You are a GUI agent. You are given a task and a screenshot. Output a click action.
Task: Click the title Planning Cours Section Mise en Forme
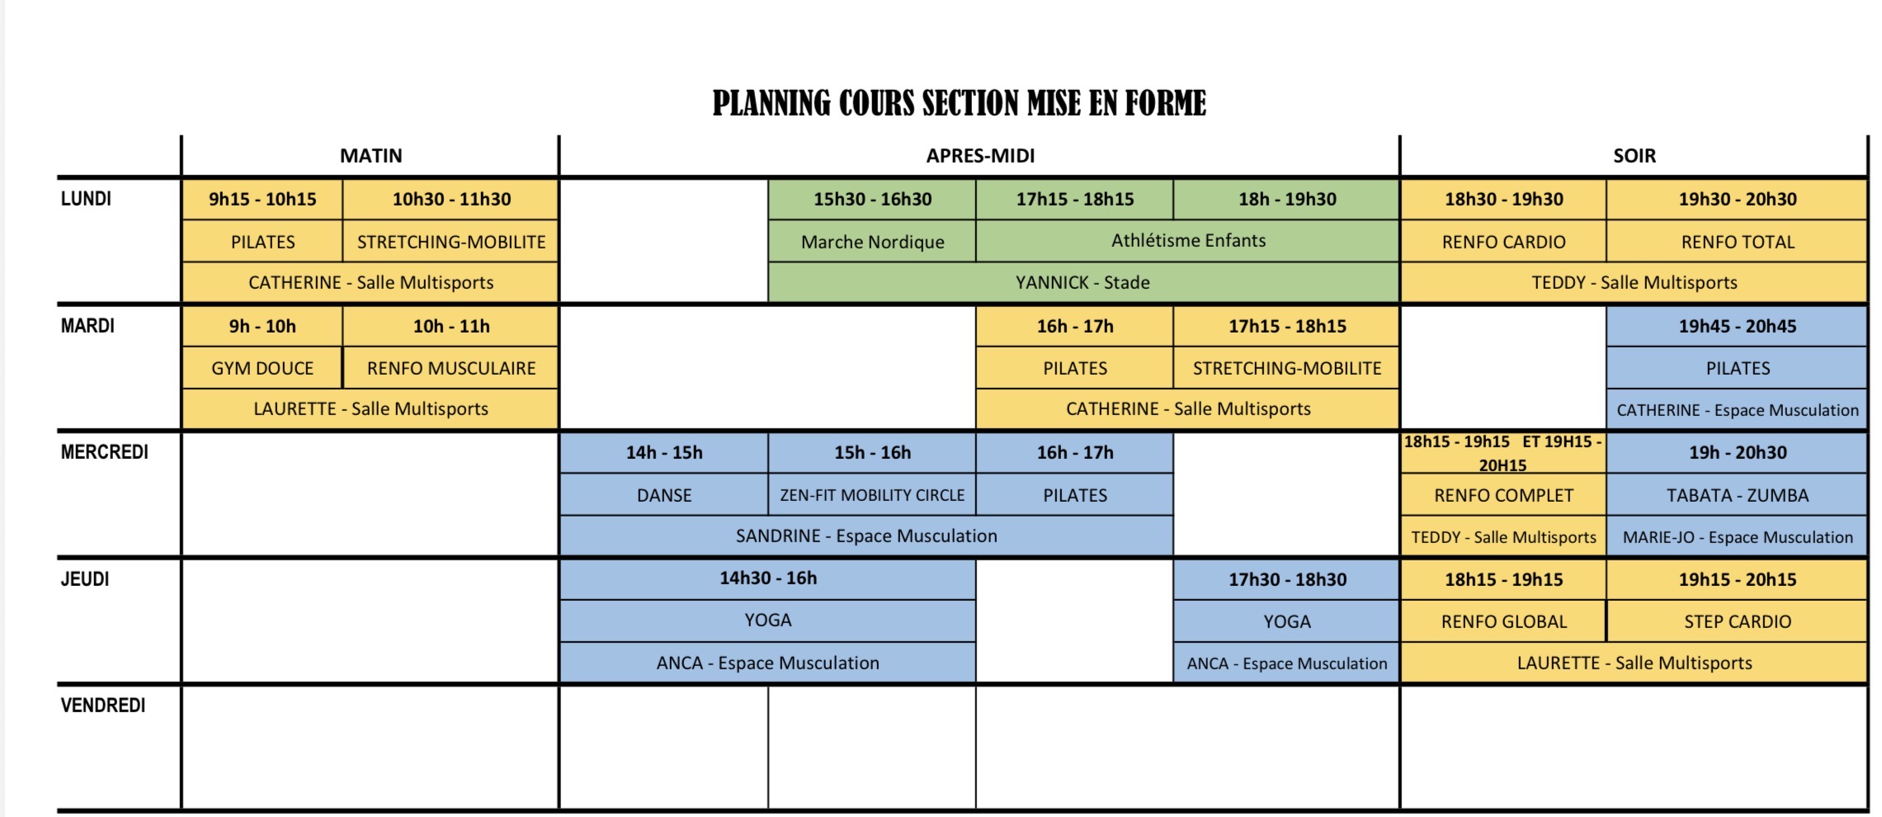click(959, 103)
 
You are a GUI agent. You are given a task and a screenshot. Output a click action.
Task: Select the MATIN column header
click(371, 156)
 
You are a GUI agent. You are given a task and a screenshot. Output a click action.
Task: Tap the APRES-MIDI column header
click(980, 156)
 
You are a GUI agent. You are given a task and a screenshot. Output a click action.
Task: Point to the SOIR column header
click(1634, 156)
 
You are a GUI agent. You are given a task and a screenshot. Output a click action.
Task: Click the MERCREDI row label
click(105, 452)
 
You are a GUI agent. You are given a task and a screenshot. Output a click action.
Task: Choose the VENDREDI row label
click(103, 706)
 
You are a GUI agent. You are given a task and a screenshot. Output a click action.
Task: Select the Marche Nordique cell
click(872, 242)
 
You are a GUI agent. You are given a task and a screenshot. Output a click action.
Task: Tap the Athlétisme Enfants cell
click(1188, 241)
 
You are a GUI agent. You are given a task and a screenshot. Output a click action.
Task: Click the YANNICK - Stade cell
click(1083, 282)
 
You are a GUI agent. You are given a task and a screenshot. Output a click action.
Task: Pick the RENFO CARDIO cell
click(1503, 242)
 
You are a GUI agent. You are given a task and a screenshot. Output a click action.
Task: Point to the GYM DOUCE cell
click(262, 368)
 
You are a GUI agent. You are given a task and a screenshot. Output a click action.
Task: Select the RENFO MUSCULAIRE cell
click(451, 368)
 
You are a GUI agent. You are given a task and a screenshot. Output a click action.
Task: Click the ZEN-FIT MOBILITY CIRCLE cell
click(872, 495)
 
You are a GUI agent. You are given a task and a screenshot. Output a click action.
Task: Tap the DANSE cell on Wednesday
click(664, 495)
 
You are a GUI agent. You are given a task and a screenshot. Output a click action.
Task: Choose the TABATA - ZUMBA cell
click(1738, 495)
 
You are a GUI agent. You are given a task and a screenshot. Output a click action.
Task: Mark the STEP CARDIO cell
click(1738, 621)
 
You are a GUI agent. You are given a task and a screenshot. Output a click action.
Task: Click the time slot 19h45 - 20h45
click(1738, 326)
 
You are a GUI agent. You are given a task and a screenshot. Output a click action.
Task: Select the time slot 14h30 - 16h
click(768, 578)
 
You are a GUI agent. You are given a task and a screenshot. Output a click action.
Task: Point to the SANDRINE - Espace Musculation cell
click(866, 536)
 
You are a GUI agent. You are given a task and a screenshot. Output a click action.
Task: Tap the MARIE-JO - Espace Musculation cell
click(1738, 537)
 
